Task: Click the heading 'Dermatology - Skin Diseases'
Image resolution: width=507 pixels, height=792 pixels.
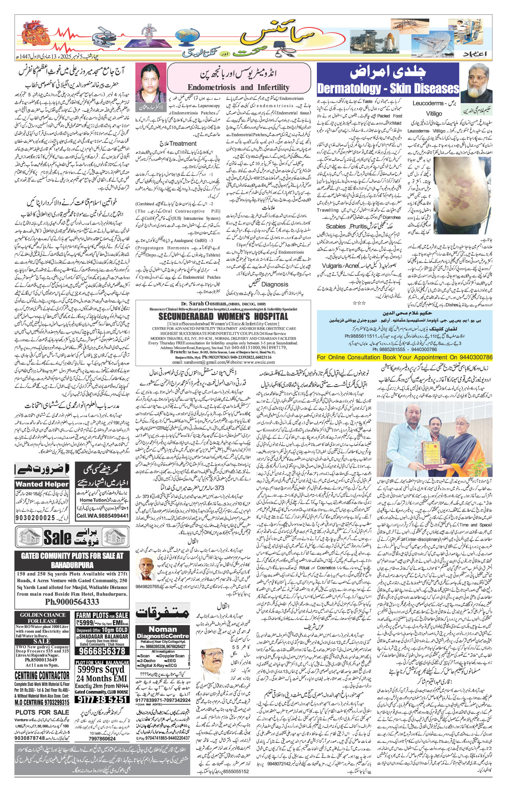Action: pyautogui.click(x=388, y=89)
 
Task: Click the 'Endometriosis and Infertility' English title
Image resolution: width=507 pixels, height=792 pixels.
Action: pyautogui.click(x=238, y=87)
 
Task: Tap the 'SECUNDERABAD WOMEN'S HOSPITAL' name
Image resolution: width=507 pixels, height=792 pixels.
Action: pyautogui.click(x=223, y=317)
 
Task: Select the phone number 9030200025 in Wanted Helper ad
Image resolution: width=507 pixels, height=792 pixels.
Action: pyautogui.click(x=36, y=518)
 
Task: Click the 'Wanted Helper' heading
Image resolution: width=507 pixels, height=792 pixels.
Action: pyautogui.click(x=42, y=484)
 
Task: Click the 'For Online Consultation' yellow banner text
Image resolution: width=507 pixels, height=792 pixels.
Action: pyautogui.click(x=404, y=357)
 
